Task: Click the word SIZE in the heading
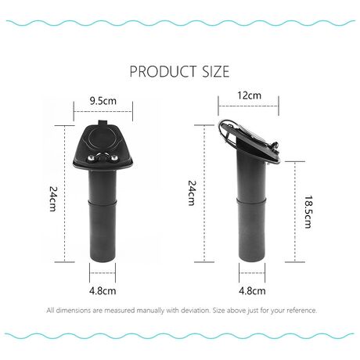216,71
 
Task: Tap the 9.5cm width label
103,101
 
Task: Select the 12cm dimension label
249,95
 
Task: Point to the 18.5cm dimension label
308,212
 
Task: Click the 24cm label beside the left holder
52,198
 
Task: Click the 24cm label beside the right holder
192,193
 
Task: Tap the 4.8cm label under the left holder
103,290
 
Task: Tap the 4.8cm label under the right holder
252,290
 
